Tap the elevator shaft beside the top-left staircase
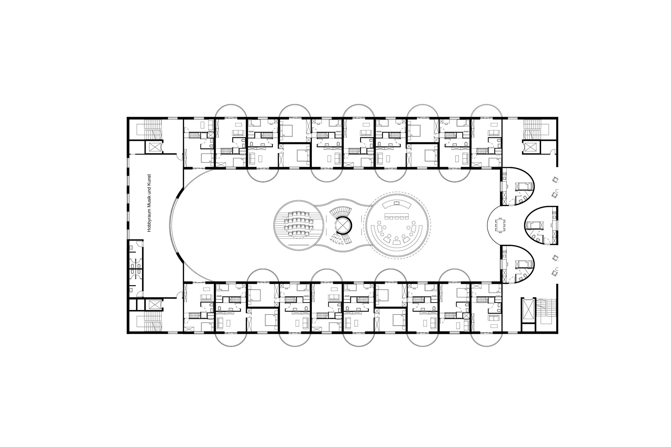tap(154, 147)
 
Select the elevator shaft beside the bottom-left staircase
tap(154, 305)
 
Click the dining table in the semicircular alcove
tap(500, 226)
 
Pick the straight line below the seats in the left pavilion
tap(299, 245)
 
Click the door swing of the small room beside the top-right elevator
tap(552, 152)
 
